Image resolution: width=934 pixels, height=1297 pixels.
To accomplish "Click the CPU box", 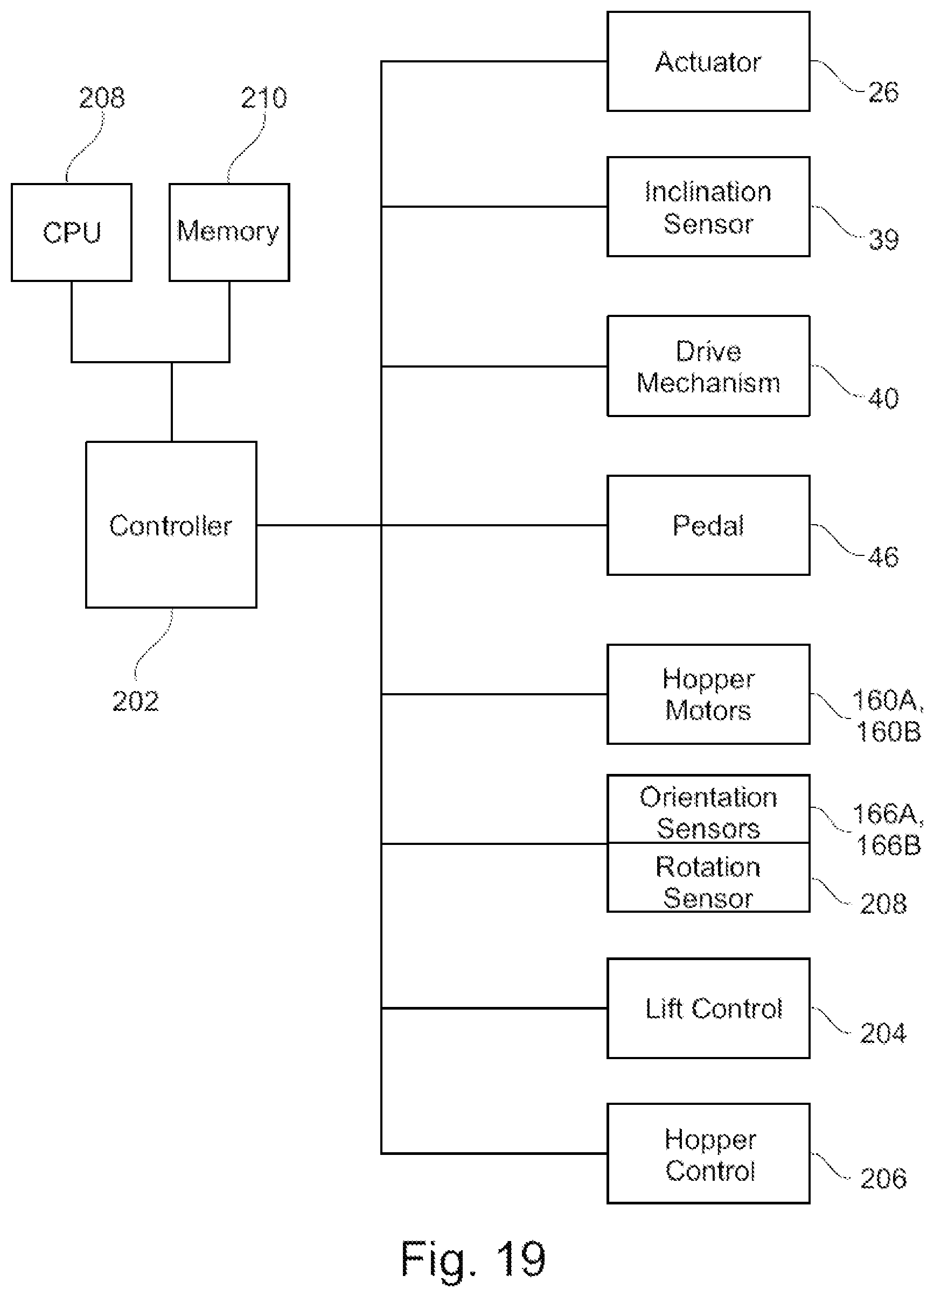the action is (x=72, y=232).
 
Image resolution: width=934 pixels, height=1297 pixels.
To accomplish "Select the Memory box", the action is (x=229, y=232).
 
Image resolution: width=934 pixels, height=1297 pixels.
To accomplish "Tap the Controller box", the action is (x=171, y=524).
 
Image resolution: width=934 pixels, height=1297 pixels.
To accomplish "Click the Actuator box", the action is (x=708, y=61).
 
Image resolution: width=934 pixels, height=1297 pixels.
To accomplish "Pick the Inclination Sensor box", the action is (x=708, y=207).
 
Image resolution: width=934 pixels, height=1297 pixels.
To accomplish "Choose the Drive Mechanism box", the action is (x=708, y=366).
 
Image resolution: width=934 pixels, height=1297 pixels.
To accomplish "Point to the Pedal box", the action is (x=708, y=525).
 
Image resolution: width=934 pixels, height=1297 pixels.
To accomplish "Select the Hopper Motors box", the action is (x=708, y=694).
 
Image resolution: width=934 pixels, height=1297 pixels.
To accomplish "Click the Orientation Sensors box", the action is (x=708, y=809).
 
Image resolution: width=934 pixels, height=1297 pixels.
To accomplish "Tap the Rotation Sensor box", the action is (x=708, y=877).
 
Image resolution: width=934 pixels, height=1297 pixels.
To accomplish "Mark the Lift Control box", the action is (x=708, y=1008).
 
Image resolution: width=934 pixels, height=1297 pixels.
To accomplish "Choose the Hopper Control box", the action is (x=708, y=1153).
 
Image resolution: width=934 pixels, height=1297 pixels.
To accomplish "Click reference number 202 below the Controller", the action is (x=136, y=701).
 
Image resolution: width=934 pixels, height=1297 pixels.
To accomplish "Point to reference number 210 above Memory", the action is (x=264, y=98).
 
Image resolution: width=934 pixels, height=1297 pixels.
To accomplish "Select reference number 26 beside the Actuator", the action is (x=883, y=92).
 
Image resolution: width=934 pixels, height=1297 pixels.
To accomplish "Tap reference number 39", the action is (x=883, y=239).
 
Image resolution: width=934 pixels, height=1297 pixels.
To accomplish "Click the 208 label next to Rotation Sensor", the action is (x=883, y=904).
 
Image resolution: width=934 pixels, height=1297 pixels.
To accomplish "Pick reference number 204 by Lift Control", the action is (x=883, y=1033).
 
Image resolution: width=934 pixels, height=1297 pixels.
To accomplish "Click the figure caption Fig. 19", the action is (x=473, y=1260).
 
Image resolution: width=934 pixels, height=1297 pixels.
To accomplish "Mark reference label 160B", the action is (x=888, y=731).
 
